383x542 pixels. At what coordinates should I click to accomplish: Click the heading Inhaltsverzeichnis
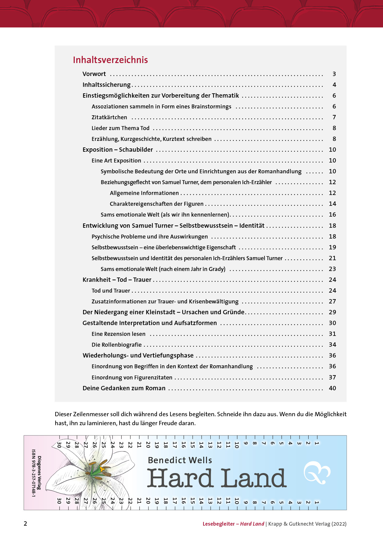tap(110, 60)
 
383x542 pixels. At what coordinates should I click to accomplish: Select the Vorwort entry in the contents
tap(94, 74)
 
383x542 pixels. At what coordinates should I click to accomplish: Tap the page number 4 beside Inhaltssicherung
tap(334, 85)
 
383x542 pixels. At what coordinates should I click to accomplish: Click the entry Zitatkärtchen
tap(109, 117)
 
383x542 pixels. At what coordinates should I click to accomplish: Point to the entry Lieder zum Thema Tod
tap(120, 128)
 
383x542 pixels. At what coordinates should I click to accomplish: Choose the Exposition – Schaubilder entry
tap(118, 150)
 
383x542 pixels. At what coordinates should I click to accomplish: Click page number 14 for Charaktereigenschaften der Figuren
tap(332, 204)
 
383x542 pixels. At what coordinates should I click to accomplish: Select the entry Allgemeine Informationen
tap(144, 193)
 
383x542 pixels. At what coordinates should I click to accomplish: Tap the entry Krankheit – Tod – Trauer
tap(117, 280)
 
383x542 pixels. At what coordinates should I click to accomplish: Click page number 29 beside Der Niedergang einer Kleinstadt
tap(332, 312)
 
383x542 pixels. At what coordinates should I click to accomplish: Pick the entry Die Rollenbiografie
tap(116, 345)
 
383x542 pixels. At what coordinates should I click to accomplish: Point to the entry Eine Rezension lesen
tap(118, 334)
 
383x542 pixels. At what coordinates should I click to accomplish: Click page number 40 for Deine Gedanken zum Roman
tap(332, 388)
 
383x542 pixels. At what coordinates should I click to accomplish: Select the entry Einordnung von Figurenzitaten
tap(132, 378)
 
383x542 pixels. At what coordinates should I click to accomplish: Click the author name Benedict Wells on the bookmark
tap(180, 460)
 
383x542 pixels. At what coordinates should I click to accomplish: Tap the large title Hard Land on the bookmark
tap(216, 478)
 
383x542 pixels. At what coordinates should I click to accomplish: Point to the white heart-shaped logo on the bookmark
tap(317, 473)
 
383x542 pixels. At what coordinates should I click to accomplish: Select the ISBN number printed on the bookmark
tap(33, 473)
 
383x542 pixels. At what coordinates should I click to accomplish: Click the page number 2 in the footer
tap(26, 523)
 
